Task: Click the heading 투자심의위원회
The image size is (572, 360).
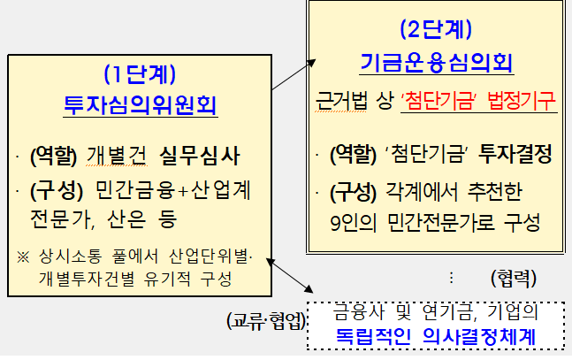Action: pos(141,105)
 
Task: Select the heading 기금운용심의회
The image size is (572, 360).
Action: pos(437,63)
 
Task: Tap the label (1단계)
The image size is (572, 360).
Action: pos(140,74)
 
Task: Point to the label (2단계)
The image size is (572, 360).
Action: pos(437,29)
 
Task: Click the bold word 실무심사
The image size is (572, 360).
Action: pos(200,156)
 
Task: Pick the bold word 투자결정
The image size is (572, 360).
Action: pos(515,154)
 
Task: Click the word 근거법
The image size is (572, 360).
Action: pos(341,101)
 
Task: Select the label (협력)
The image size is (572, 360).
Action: pos(514,279)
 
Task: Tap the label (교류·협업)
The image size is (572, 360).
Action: pos(266,321)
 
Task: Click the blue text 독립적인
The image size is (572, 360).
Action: pos(373,337)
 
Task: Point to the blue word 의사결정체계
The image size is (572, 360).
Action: pos(479,337)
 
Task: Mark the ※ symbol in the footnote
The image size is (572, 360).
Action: pos(23,257)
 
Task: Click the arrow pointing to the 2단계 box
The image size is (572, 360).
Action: pos(294,74)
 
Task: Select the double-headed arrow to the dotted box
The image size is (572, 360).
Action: pos(290,276)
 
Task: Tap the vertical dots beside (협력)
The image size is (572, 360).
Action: pos(451,278)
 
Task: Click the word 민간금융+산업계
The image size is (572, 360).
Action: pos(173,190)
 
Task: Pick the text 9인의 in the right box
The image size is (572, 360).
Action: pos(353,222)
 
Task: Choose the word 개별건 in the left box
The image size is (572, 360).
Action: pos(117,156)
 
